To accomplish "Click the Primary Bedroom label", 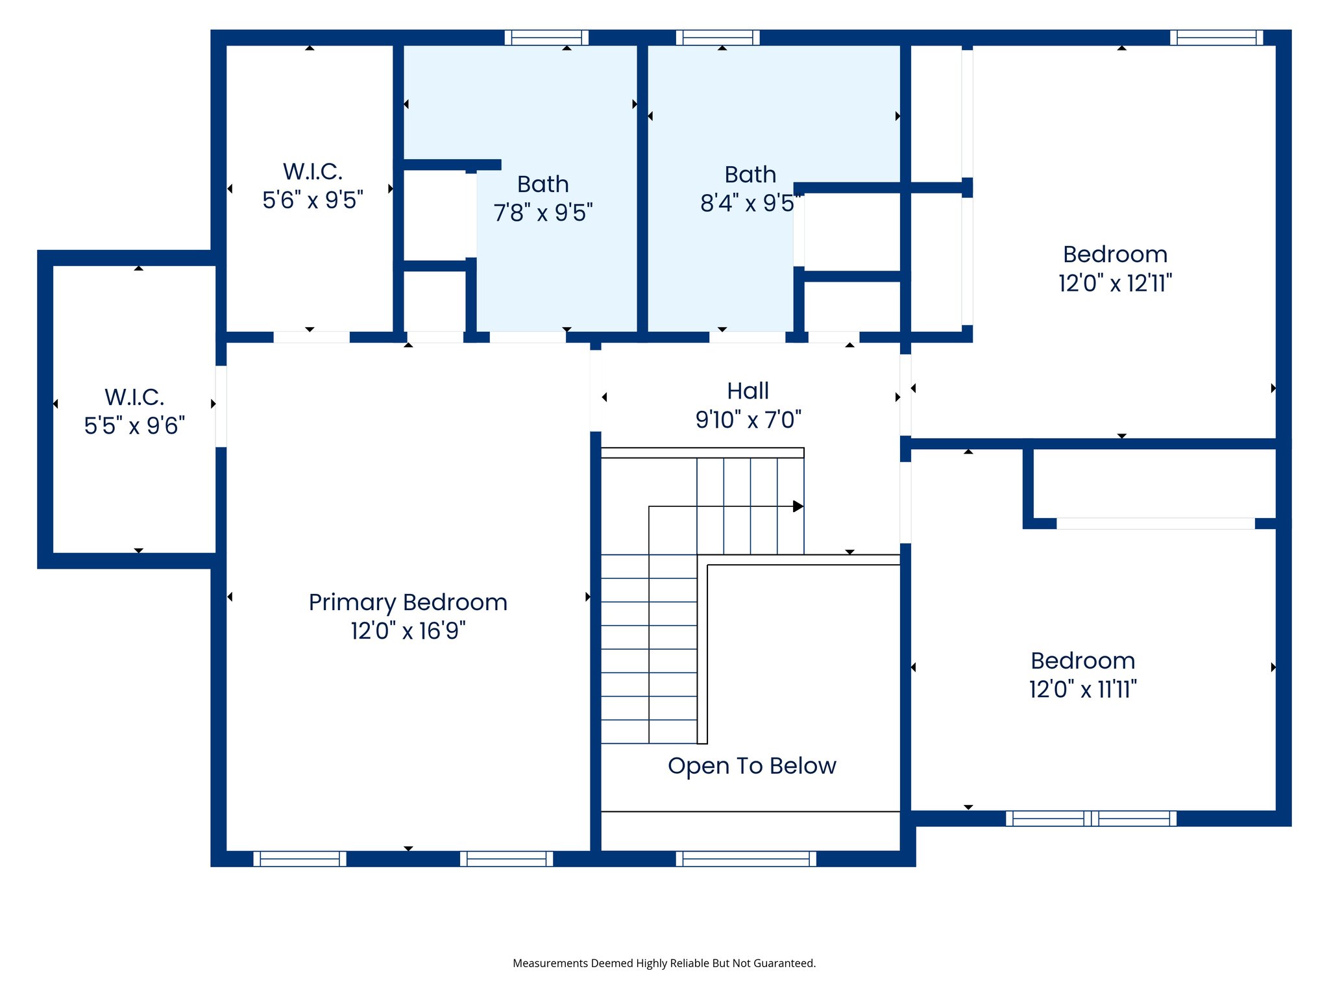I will click(x=408, y=602).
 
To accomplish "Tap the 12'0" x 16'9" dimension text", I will click(x=408, y=631).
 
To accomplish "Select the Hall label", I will click(x=748, y=391).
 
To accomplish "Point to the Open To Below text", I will click(x=751, y=766).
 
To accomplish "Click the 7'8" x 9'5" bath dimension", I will click(x=543, y=213).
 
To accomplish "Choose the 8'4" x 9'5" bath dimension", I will click(x=749, y=203).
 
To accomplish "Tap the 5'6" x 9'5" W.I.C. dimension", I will click(x=312, y=200).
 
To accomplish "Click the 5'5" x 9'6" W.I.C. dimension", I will click(x=134, y=426).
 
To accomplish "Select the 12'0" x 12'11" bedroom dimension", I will click(x=1114, y=284).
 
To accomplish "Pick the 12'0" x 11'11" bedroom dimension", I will click(x=1082, y=689).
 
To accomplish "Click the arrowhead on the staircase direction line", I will click(x=798, y=506).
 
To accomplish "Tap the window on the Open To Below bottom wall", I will click(x=746, y=859).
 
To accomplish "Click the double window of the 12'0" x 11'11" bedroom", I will click(x=1091, y=819).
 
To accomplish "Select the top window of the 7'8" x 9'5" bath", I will click(x=546, y=38).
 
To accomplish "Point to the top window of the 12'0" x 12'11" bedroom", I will click(x=1216, y=38).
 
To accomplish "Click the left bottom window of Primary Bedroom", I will click(x=299, y=859).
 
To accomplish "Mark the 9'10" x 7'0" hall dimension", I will click(x=748, y=420).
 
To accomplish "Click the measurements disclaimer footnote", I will click(x=664, y=963).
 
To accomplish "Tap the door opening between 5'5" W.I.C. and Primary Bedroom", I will click(x=221, y=406).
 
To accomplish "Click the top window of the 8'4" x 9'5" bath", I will click(x=717, y=38).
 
